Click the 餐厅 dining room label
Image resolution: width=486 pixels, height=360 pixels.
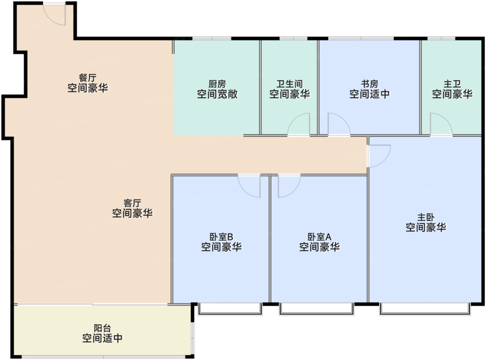pyautogui.click(x=87, y=78)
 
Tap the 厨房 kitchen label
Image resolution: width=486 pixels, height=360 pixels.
pyautogui.click(x=217, y=84)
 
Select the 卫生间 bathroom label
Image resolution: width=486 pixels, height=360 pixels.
pyautogui.click(x=290, y=84)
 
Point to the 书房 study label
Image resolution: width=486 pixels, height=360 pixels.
pyautogui.click(x=370, y=84)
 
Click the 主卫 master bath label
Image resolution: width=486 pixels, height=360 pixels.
pyautogui.click(x=452, y=84)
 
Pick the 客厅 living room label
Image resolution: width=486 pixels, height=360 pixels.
pyautogui.click(x=132, y=203)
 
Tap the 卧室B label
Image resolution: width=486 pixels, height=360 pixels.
pyautogui.click(x=221, y=237)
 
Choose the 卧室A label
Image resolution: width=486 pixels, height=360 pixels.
pyautogui.click(x=319, y=237)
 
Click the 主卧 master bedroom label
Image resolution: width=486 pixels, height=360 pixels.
pyautogui.click(x=426, y=217)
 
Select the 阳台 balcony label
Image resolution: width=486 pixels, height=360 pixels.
pyautogui.click(x=102, y=328)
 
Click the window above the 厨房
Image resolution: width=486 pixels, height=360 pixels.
pyautogui.click(x=212, y=39)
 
